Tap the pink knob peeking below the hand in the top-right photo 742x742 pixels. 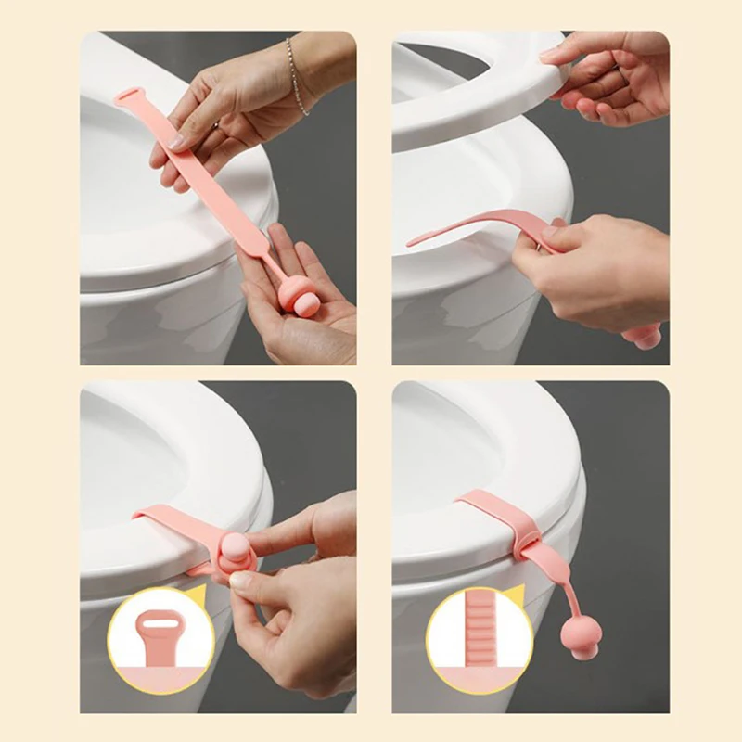tap(646, 335)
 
